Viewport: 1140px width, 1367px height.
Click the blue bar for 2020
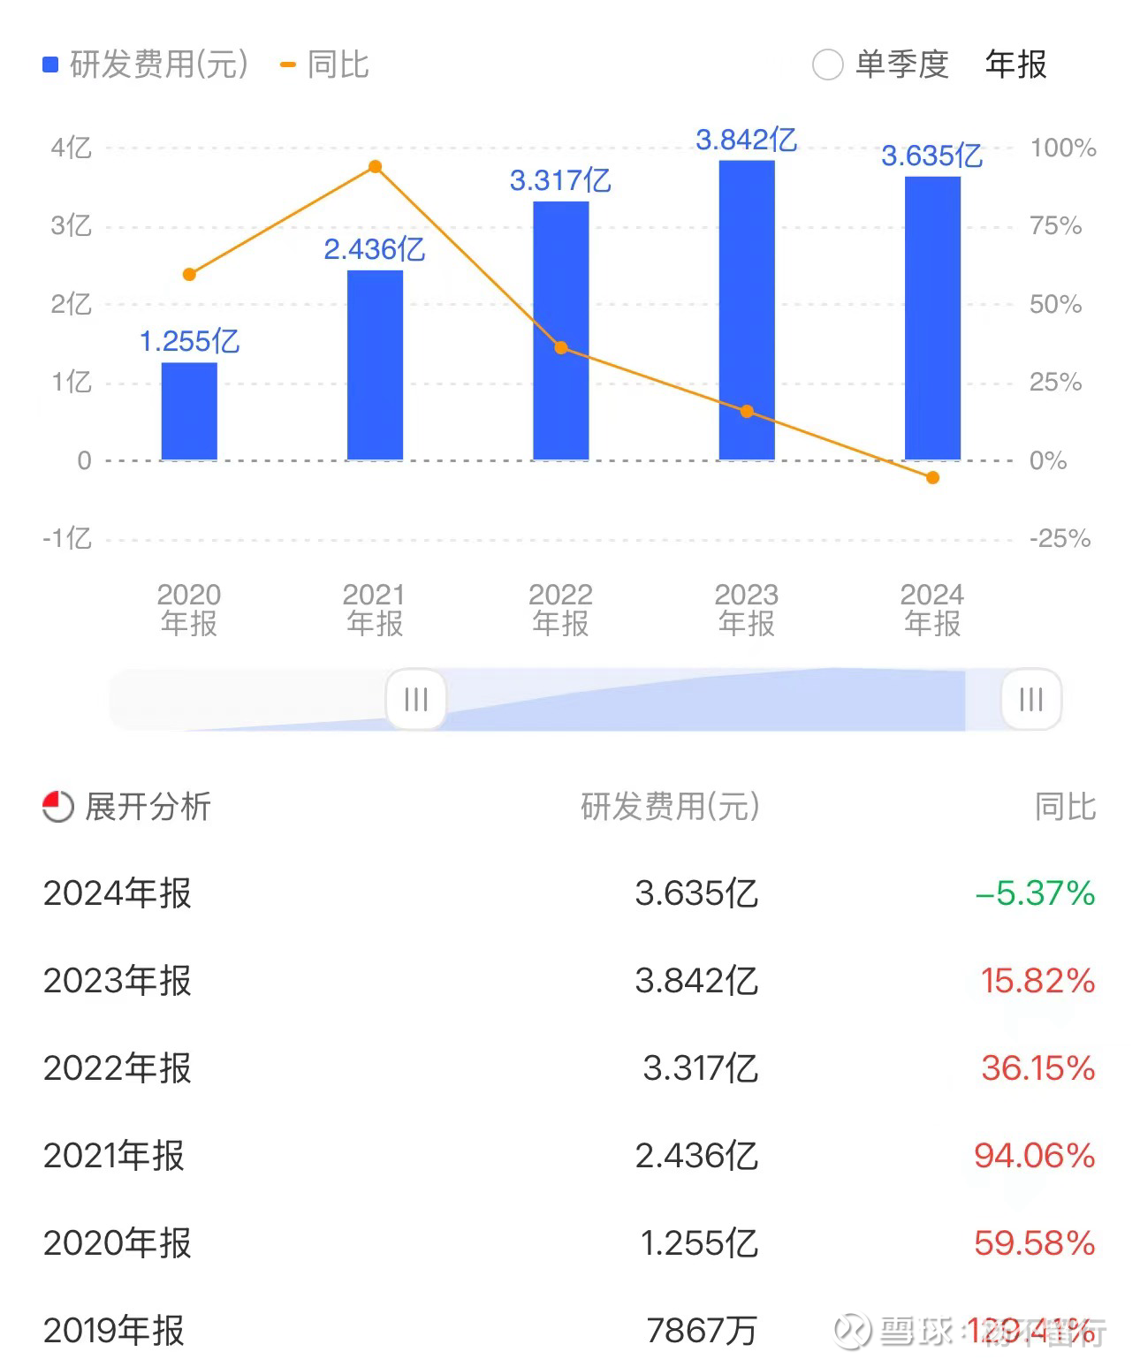point(189,411)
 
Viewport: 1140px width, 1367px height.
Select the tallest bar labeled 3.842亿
point(747,309)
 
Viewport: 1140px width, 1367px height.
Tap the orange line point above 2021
point(375,167)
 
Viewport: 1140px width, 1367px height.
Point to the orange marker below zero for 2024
point(932,478)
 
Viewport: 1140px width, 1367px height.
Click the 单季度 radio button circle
point(827,65)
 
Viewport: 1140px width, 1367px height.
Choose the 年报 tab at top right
point(1015,65)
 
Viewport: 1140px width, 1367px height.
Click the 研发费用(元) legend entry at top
point(146,65)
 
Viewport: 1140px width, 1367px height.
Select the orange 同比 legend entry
point(324,65)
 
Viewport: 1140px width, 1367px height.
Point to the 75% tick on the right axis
point(1056,226)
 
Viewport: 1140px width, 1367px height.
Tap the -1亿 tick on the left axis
point(68,538)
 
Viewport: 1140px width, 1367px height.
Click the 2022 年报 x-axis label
point(560,609)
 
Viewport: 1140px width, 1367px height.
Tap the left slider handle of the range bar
point(415,700)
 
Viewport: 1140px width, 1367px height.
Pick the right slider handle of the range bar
point(1030,700)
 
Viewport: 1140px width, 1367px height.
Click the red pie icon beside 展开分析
point(58,806)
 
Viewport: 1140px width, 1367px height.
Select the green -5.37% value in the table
point(1035,893)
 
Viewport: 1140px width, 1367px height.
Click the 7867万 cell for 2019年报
point(702,1330)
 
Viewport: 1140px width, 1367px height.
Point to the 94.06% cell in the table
point(1034,1156)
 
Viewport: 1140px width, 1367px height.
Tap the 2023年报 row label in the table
point(118,981)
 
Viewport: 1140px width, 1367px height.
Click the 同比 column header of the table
point(1065,806)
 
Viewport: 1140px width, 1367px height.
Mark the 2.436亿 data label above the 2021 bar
point(375,249)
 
